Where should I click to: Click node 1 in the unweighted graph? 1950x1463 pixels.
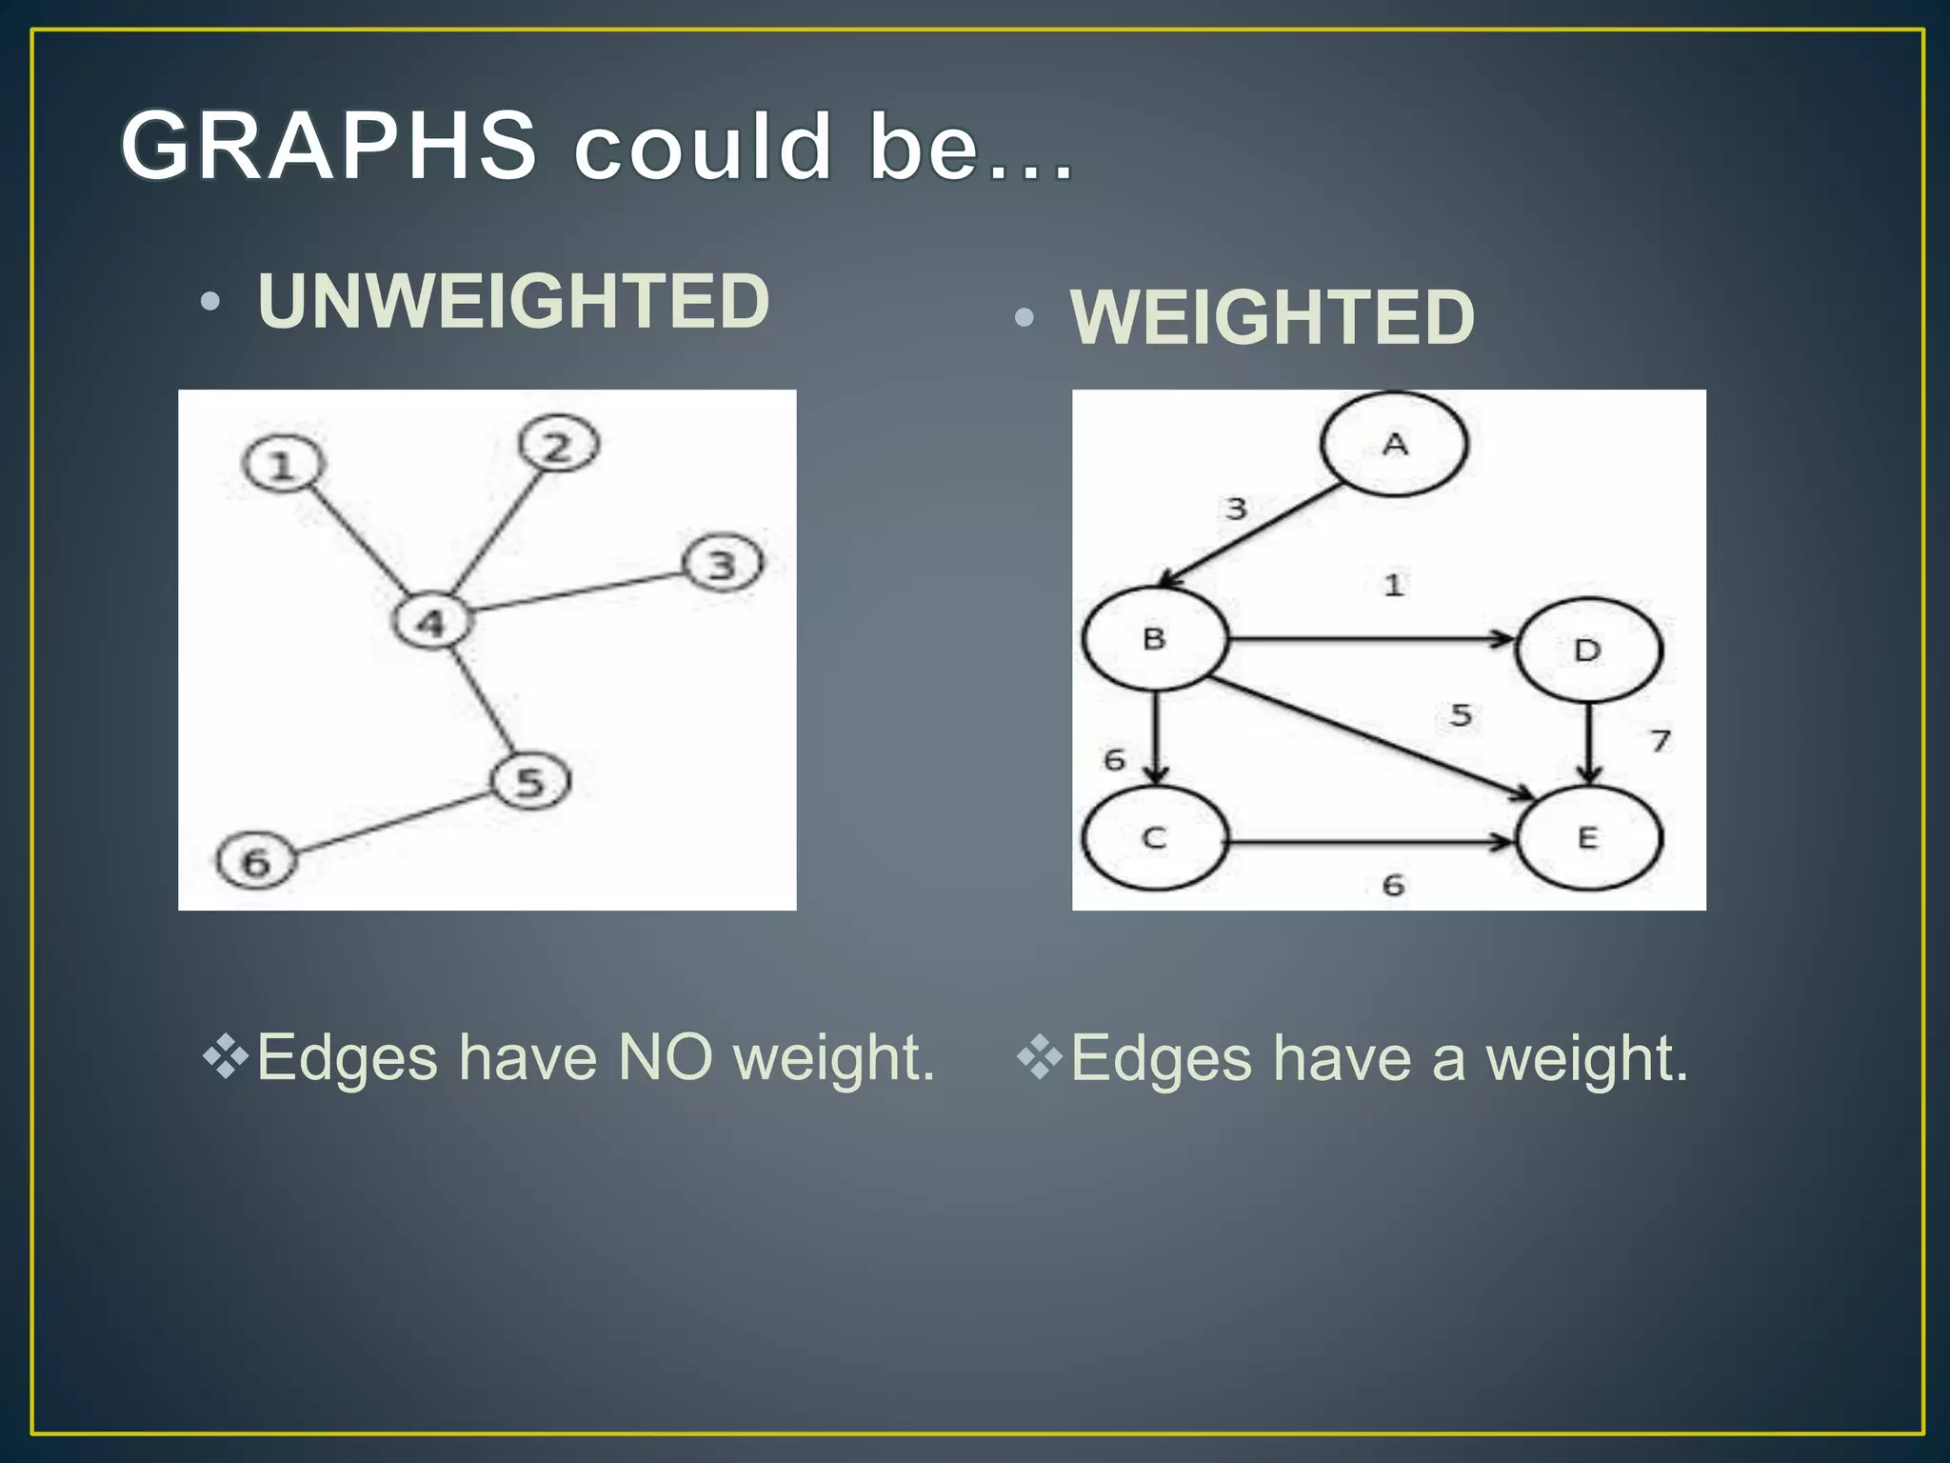(283, 465)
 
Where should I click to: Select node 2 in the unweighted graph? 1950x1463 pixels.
(559, 445)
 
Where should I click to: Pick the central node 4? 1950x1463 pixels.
(431, 622)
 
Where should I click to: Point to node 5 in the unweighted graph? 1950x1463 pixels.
(530, 781)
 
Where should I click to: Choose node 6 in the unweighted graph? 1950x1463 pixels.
(256, 861)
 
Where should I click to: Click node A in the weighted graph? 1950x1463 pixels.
(1395, 444)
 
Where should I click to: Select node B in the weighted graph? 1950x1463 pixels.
(1154, 638)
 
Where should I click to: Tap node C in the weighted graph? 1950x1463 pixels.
(1154, 838)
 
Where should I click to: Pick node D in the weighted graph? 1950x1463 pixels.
(1587, 651)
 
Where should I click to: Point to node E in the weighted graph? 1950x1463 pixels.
(1587, 838)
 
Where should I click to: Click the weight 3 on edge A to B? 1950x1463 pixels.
(1236, 509)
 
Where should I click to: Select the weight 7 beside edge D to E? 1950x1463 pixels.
(1661, 740)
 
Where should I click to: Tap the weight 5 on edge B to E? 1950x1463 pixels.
(1461, 714)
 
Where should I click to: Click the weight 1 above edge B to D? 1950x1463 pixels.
(1394, 585)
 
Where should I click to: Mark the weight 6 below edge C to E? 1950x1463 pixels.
(1393, 885)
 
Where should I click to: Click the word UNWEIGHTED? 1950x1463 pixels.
(513, 301)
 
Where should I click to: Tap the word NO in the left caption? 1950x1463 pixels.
(665, 1057)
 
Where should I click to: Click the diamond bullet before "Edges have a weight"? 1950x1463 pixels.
(1040, 1058)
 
